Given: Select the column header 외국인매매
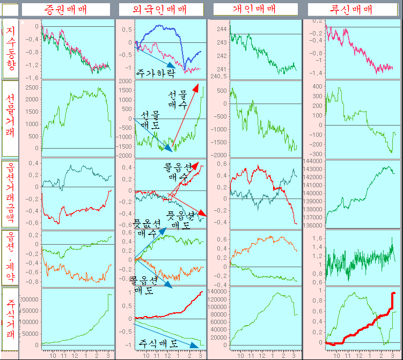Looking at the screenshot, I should tap(161, 9).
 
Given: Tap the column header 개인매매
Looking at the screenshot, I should tap(255, 9).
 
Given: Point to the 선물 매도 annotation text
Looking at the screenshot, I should tap(150, 120).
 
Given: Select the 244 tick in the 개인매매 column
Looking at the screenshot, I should tap(221, 29).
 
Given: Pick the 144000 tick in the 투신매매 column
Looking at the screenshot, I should tap(315, 161).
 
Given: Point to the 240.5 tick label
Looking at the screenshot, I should tap(220, 76).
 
